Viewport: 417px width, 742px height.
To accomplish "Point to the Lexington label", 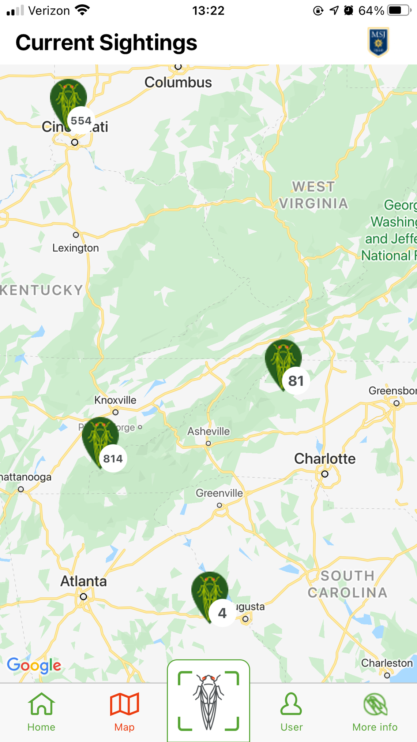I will coord(75,248).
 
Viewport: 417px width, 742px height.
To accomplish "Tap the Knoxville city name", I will coord(115,400).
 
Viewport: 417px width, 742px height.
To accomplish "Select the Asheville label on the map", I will coord(209,431).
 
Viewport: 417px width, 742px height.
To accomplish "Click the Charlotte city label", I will coord(324,459).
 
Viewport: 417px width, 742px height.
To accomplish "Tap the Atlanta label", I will coord(83,581).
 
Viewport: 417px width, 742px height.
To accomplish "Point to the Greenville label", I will coord(219,493).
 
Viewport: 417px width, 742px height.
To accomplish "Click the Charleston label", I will coord(387,663).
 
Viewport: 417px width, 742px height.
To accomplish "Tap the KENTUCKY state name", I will coord(41,290).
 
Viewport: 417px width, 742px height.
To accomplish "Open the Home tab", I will coord(41,712).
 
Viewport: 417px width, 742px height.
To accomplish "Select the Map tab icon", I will coord(124,705).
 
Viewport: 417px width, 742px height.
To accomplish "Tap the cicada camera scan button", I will coord(209,701).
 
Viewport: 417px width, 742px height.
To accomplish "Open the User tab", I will coord(292,712).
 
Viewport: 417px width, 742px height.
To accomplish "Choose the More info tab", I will coord(375,712).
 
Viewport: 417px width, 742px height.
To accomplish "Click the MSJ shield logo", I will coord(378,42).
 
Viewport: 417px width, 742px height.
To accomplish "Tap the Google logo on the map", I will coord(34,665).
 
